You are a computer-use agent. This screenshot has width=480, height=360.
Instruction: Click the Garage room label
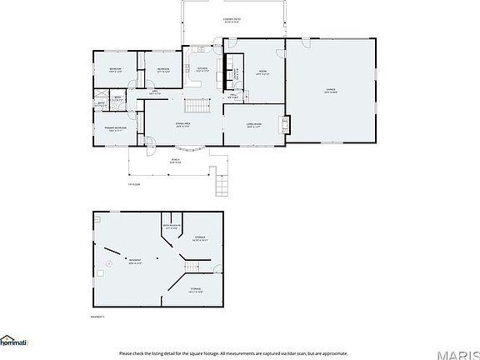(x=330, y=90)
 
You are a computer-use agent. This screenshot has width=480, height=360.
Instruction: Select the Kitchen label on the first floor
(x=202, y=70)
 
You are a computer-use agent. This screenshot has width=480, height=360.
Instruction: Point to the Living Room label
(x=253, y=126)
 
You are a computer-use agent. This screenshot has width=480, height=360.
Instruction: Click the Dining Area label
(x=183, y=126)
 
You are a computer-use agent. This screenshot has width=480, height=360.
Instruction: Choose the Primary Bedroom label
(x=115, y=128)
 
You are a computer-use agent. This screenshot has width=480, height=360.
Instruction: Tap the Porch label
(x=176, y=160)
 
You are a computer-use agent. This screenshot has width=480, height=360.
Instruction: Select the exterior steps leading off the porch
(x=221, y=181)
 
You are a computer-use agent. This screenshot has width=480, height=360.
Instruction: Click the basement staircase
(x=192, y=266)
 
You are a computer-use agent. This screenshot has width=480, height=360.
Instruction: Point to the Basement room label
(x=134, y=262)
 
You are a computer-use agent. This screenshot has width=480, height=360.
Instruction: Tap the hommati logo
(x=14, y=342)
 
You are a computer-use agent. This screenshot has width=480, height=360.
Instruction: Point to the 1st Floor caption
(x=134, y=184)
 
